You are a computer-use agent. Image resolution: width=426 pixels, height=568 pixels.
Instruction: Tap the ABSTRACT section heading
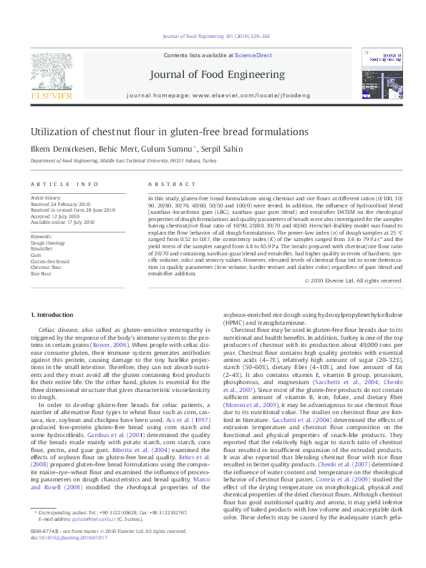pos(165,183)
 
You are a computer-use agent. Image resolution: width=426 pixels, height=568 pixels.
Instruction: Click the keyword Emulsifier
pos(42,248)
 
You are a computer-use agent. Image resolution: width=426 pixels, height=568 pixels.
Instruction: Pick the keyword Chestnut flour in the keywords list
pos(45,267)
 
